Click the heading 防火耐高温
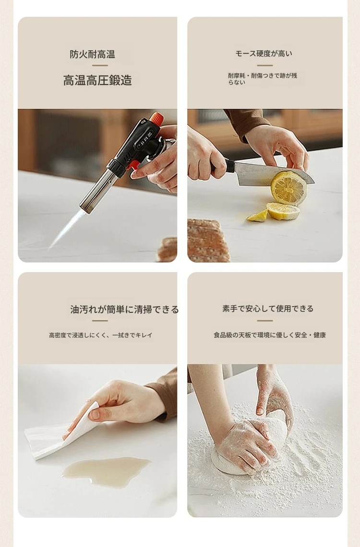pyautogui.click(x=93, y=54)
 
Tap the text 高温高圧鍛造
pyautogui.click(x=97, y=80)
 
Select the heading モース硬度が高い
pyautogui.click(x=264, y=53)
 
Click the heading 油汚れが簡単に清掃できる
pyautogui.click(x=124, y=309)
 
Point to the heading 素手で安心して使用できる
pyautogui.click(x=268, y=309)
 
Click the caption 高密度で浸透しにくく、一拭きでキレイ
pyautogui.click(x=101, y=335)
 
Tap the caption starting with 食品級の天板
pyautogui.click(x=270, y=335)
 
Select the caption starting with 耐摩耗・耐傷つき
pyautogui.click(x=263, y=79)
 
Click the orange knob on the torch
pyautogui.click(x=156, y=118)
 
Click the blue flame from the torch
pyautogui.click(x=66, y=228)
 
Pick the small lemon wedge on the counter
pyautogui.click(x=258, y=215)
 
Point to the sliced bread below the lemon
pyautogui.click(x=209, y=240)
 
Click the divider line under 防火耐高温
pyautogui.click(x=100, y=65)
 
